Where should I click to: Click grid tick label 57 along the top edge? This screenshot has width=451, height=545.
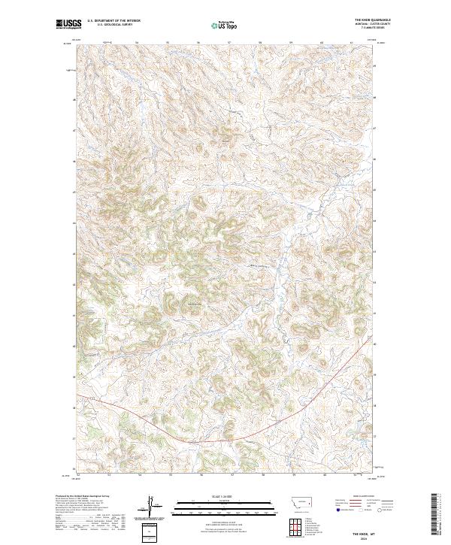point(231,42)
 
